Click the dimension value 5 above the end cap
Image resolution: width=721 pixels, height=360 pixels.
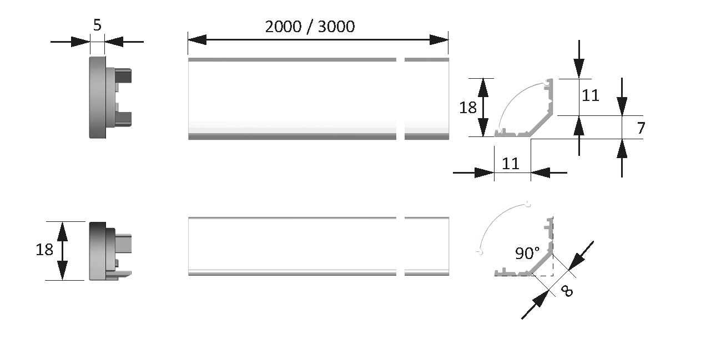pyautogui.click(x=97, y=25)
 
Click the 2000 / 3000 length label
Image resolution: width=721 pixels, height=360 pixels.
pyautogui.click(x=310, y=27)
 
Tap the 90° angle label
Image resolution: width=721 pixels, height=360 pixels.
pyautogui.click(x=527, y=253)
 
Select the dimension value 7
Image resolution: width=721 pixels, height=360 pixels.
pyautogui.click(x=641, y=128)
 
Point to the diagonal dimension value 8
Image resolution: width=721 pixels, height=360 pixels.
pyautogui.click(x=567, y=291)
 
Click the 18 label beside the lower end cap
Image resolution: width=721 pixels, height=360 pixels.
pyautogui.click(x=44, y=250)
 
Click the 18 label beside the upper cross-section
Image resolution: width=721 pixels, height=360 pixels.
pyautogui.click(x=468, y=108)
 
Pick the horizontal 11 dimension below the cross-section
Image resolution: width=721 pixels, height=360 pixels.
pyautogui.click(x=511, y=164)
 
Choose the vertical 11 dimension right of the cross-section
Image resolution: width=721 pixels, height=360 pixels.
pyautogui.click(x=591, y=95)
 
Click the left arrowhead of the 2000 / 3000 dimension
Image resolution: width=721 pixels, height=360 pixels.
pyautogui.click(x=197, y=40)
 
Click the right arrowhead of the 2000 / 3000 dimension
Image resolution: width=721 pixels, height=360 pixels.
pyautogui.click(x=439, y=40)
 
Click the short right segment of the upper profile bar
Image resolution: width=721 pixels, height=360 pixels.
pyautogui.click(x=427, y=99)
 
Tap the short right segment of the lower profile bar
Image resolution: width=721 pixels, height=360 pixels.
pyautogui.click(x=427, y=246)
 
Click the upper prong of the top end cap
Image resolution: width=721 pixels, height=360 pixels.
pyautogui.click(x=123, y=75)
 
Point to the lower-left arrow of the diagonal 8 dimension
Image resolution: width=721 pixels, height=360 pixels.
pyautogui.click(x=536, y=305)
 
